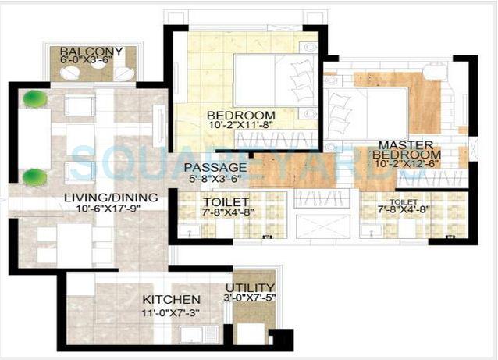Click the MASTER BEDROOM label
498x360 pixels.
pos(407,150)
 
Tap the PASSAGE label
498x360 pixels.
pos(215,167)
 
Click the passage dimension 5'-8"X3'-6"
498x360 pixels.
pos(215,178)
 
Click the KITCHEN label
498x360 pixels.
pos(171,299)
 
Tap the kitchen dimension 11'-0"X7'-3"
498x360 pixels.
pos(171,311)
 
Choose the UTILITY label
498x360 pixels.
pos(254,287)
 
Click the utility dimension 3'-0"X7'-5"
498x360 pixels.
pos(254,298)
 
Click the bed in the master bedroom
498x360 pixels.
pos(367,113)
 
